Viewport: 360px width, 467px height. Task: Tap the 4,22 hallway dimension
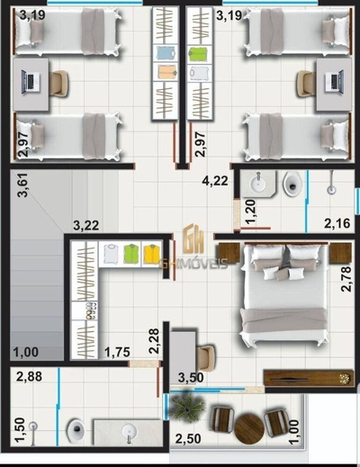pyautogui.click(x=214, y=181)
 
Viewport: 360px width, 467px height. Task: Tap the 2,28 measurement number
pyautogui.click(x=154, y=340)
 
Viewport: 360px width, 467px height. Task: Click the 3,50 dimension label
pyautogui.click(x=190, y=377)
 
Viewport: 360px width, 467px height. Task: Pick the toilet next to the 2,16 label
pyautogui.click(x=292, y=185)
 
